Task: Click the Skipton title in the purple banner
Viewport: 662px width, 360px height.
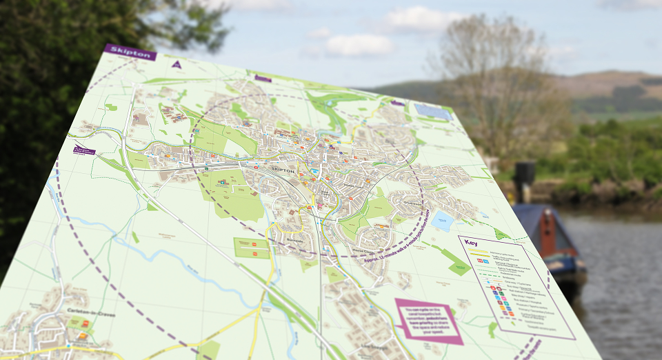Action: (130, 52)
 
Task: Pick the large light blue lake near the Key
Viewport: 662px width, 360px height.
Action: (441, 221)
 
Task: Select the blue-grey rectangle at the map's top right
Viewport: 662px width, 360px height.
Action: (433, 111)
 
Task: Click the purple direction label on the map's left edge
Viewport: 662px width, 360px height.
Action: (84, 150)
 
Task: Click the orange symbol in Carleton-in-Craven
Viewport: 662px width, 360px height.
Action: (83, 336)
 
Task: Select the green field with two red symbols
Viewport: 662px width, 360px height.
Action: (252, 248)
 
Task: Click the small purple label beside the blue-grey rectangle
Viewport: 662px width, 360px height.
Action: (398, 103)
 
